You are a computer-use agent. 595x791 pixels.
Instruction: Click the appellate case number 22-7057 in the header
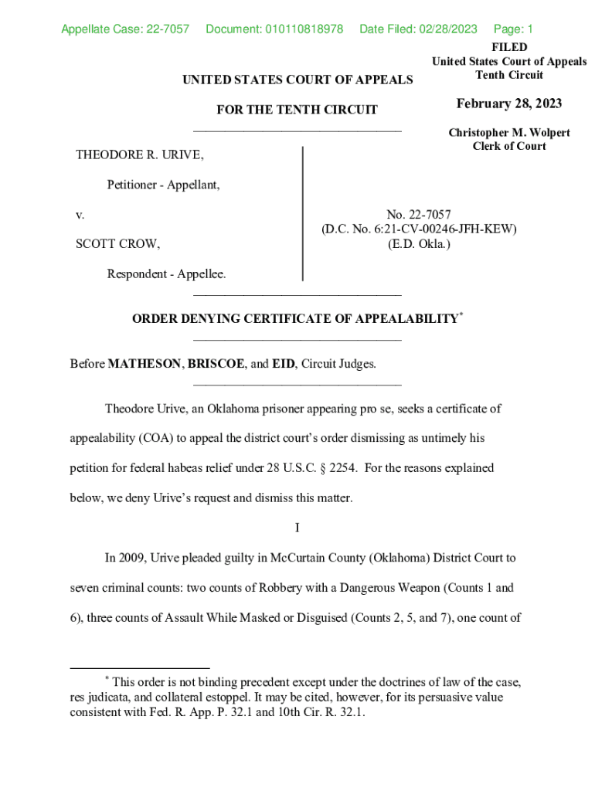[165, 29]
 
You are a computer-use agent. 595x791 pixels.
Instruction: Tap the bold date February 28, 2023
[508, 104]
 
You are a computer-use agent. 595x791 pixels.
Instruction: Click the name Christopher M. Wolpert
[509, 133]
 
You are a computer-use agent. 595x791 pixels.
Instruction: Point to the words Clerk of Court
[509, 146]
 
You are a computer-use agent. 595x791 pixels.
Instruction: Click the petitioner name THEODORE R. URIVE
[140, 155]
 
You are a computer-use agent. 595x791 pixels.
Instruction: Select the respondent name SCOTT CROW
[117, 244]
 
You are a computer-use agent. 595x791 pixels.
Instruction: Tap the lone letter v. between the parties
[80, 214]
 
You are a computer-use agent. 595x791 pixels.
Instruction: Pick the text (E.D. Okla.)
[419, 244]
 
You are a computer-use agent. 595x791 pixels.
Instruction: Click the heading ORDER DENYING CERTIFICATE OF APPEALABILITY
[294, 319]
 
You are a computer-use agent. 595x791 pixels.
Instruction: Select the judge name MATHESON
[144, 364]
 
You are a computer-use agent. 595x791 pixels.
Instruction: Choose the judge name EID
[284, 364]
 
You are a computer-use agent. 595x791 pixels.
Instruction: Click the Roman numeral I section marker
[297, 528]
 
